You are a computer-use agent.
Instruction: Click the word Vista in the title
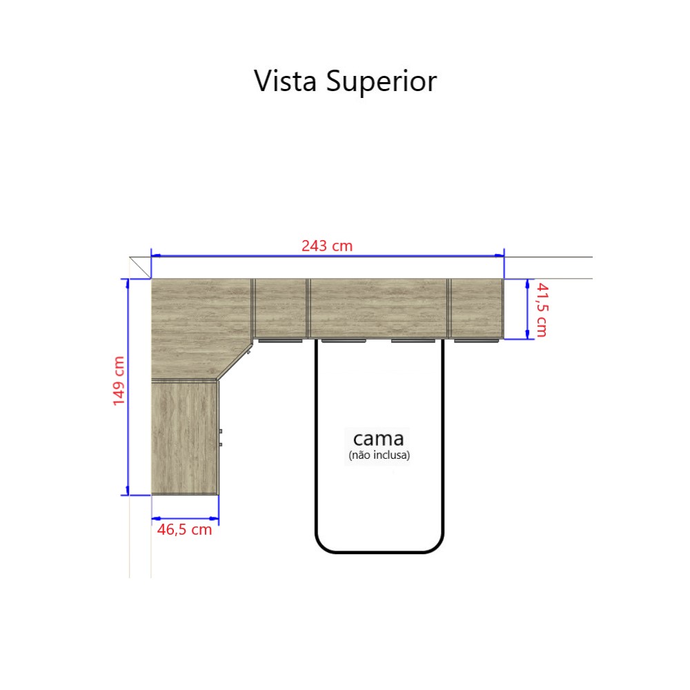point(285,81)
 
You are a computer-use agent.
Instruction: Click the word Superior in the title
point(382,82)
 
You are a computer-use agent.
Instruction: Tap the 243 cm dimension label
point(327,246)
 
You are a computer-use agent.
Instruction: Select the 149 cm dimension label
point(119,381)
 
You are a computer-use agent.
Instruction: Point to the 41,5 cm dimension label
point(542,310)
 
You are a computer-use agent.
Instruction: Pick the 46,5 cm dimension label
point(184,529)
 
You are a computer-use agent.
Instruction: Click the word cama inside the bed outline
point(378,439)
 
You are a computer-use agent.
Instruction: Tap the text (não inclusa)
point(379,455)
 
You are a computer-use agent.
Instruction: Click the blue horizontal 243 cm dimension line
point(327,255)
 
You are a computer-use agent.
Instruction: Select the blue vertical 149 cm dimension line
point(128,387)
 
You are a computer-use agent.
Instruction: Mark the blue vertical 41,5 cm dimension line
point(527,309)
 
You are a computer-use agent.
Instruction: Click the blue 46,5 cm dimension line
point(185,519)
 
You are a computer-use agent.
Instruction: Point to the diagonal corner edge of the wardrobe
point(235,362)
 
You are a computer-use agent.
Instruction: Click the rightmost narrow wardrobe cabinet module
point(477,308)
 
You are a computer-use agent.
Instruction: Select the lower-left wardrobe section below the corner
point(185,438)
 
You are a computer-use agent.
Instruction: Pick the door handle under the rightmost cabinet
point(476,341)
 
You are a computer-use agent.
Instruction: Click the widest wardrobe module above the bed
point(378,308)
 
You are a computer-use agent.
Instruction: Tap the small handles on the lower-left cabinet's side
point(221,438)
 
